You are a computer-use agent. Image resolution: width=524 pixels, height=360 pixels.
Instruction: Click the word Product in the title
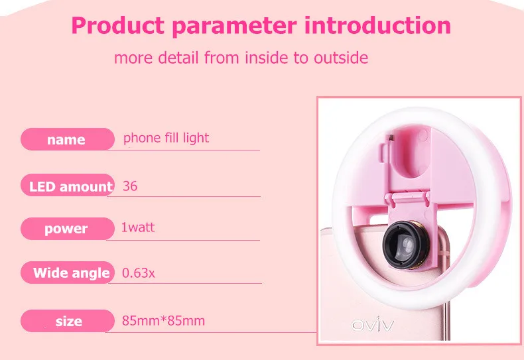tap(117, 26)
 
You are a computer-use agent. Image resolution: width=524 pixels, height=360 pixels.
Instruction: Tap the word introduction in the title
tap(377, 25)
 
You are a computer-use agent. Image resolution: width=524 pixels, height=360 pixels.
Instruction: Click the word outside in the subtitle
tap(341, 58)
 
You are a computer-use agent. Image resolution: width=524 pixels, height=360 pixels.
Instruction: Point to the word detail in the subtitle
tap(178, 58)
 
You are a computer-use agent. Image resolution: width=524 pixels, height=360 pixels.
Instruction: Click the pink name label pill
tap(68, 139)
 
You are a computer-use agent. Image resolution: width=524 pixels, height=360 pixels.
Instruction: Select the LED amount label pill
tap(68, 185)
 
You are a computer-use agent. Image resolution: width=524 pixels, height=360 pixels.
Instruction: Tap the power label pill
tap(68, 229)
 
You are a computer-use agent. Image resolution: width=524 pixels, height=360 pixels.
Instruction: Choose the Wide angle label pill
tap(68, 272)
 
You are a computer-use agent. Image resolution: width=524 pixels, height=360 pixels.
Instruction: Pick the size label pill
tap(68, 321)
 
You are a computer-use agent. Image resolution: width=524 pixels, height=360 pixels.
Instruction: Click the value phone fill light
tap(166, 138)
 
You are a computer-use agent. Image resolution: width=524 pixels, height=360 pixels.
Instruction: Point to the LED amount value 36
tap(130, 186)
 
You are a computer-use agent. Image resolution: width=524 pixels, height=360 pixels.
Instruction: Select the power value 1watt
tap(138, 227)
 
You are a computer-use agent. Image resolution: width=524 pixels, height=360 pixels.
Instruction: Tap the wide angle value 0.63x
tap(139, 273)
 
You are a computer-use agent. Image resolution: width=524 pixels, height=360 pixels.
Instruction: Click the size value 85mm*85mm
tap(163, 321)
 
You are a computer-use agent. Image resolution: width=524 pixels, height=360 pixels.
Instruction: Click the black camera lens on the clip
tap(405, 245)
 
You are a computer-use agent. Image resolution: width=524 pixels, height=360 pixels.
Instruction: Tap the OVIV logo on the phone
tap(373, 324)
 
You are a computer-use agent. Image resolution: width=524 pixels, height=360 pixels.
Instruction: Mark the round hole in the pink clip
tap(412, 152)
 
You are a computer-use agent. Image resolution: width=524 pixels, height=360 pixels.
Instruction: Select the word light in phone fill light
tap(196, 138)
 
